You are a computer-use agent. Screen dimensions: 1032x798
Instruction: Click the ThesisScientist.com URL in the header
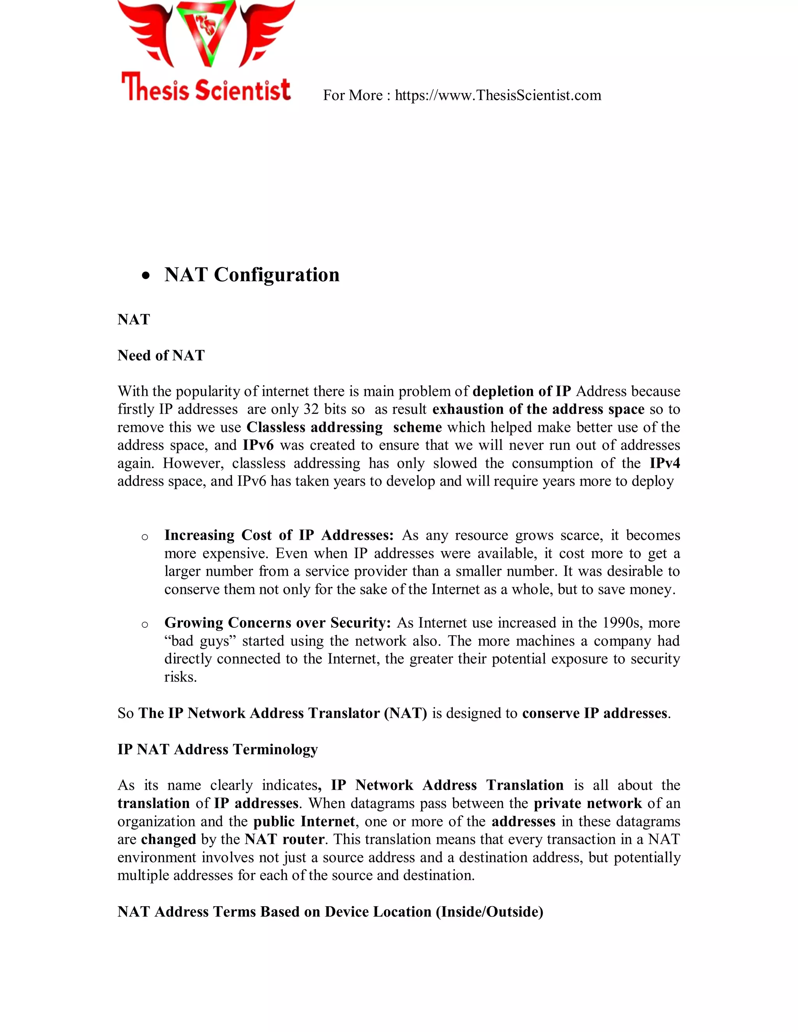(x=498, y=95)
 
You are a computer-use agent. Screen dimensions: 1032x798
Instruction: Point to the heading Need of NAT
(x=161, y=355)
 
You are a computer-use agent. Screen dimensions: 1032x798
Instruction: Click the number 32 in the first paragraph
(x=311, y=409)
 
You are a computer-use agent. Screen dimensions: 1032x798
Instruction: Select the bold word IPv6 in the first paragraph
(x=258, y=445)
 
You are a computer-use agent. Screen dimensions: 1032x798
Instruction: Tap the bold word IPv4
(x=664, y=463)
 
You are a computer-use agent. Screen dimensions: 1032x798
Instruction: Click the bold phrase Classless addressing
(x=314, y=427)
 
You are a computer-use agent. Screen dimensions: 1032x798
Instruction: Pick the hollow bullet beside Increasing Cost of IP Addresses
(x=145, y=537)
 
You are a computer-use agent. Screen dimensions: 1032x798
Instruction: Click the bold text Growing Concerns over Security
(x=277, y=623)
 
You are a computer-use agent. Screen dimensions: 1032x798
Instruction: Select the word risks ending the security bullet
(x=180, y=677)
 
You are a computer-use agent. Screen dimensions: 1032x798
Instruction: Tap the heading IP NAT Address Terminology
(x=217, y=749)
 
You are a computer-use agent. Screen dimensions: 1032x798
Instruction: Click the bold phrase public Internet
(x=304, y=821)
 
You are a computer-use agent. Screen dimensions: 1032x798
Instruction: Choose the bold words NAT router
(x=284, y=839)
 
